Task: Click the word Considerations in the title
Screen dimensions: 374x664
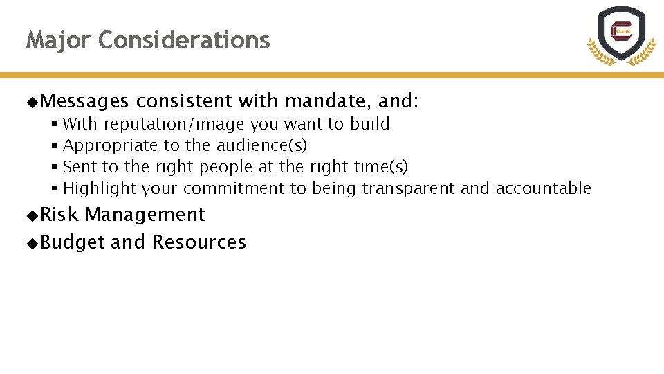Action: click(184, 41)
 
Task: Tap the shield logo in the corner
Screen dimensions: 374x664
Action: click(620, 35)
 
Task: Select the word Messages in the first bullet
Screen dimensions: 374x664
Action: click(84, 102)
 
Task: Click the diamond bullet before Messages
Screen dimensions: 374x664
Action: click(32, 103)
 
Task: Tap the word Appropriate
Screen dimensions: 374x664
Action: click(110, 146)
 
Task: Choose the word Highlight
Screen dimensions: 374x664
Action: click(100, 188)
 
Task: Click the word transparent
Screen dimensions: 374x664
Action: click(408, 188)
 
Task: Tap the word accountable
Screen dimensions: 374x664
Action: click(544, 188)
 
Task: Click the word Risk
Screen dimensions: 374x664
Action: click(59, 215)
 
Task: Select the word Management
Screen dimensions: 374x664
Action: click(145, 215)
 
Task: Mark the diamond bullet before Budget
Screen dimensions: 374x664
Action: click(32, 243)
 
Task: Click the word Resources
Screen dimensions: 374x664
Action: click(199, 242)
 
